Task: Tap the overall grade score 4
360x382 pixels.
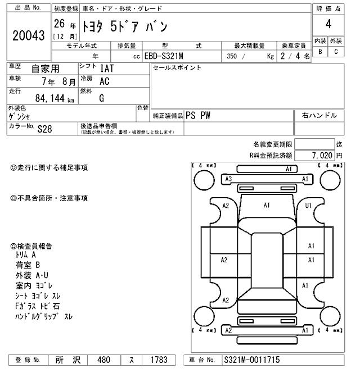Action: pos(328,24)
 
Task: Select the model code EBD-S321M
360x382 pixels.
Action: pos(167,56)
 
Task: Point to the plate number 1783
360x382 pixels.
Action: pos(159,360)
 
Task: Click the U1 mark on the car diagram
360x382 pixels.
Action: pos(308,206)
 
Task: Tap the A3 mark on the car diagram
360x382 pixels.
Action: pos(228,179)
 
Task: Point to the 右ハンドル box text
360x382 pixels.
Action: pos(319,115)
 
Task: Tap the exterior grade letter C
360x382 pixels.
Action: pos(336,52)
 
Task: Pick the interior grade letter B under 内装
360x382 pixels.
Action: pos(320,52)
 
